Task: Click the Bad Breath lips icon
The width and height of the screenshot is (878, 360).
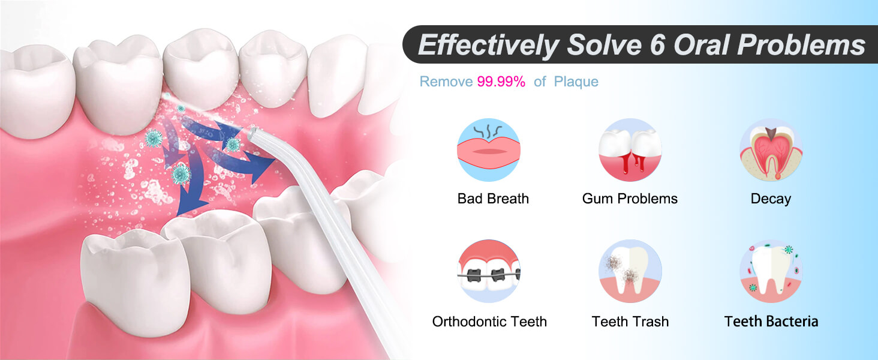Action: point(489,150)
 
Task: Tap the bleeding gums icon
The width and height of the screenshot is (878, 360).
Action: point(630,150)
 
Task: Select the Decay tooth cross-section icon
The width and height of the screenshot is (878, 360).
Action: point(771,150)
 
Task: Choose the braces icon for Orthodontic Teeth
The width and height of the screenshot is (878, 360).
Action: point(489,271)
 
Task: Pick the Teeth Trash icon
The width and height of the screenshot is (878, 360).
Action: point(630,271)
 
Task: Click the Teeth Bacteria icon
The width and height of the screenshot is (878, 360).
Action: point(771,271)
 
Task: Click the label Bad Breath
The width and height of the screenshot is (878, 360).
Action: point(493,199)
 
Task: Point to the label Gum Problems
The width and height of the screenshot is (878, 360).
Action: point(630,199)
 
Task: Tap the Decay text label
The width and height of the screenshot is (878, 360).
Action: point(771,199)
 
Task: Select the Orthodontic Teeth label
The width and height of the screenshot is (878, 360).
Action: point(489,322)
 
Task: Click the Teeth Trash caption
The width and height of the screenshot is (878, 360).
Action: point(630,322)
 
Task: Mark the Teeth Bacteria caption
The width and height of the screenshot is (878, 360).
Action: point(771,322)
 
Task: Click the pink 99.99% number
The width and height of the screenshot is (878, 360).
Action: point(501,82)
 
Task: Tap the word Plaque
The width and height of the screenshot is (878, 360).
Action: point(576,82)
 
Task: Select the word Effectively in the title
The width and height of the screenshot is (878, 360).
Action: point(487,46)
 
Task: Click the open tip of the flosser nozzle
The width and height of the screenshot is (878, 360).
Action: point(254,130)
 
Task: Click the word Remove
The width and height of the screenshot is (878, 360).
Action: point(446,82)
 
